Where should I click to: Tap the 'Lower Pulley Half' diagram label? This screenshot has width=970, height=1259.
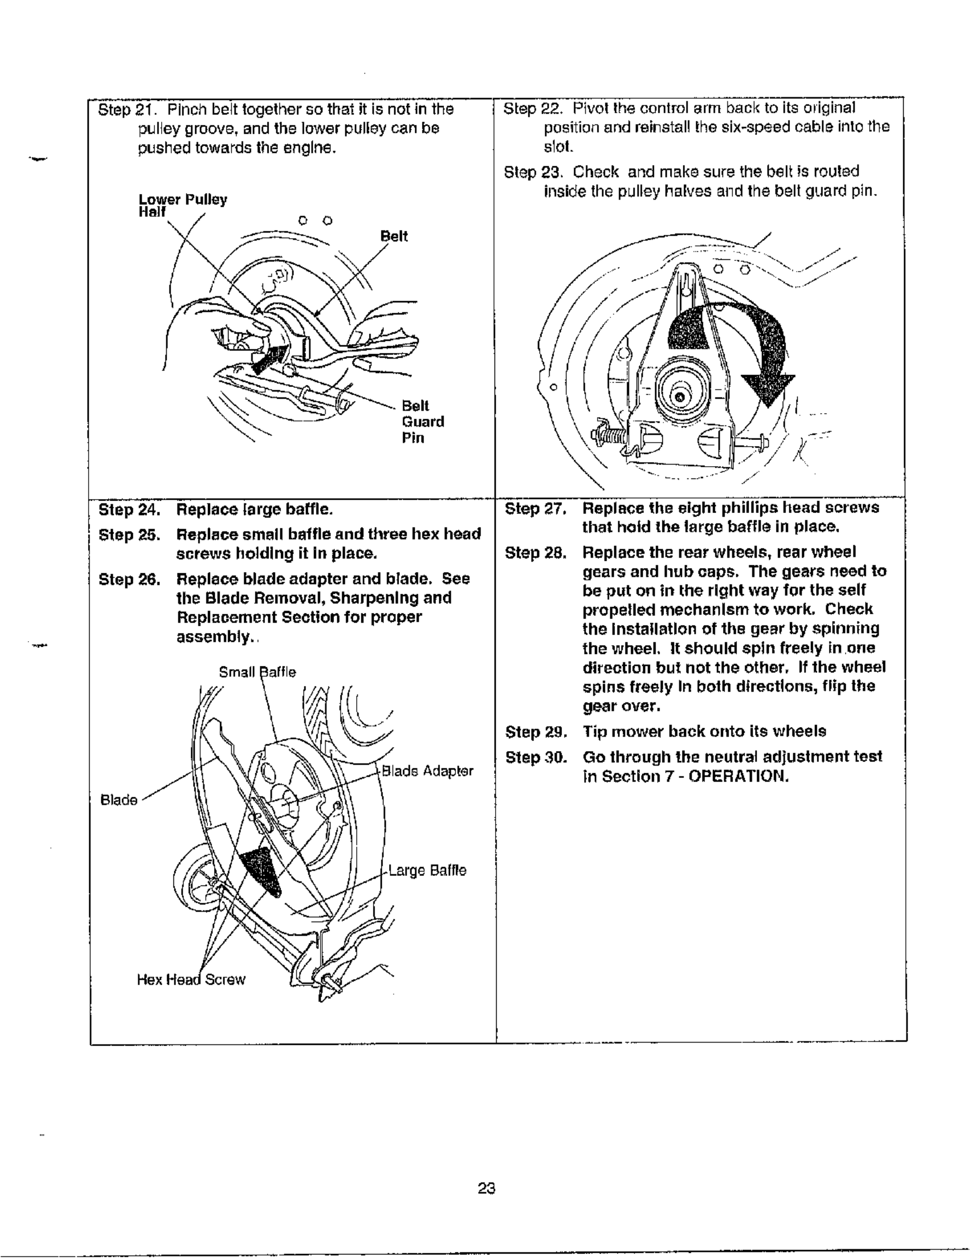(x=182, y=205)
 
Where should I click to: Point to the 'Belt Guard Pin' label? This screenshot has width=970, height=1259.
(x=423, y=422)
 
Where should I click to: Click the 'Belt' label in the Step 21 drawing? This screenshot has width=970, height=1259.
(x=394, y=236)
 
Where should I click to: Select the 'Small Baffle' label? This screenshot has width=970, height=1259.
(x=257, y=672)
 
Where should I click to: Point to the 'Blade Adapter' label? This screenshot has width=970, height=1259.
(x=427, y=771)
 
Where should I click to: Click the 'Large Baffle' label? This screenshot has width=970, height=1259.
(x=427, y=870)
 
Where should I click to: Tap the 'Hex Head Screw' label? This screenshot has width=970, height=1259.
(x=191, y=980)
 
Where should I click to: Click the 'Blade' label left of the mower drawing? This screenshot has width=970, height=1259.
(x=119, y=800)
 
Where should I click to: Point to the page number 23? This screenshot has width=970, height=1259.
(x=487, y=1188)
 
